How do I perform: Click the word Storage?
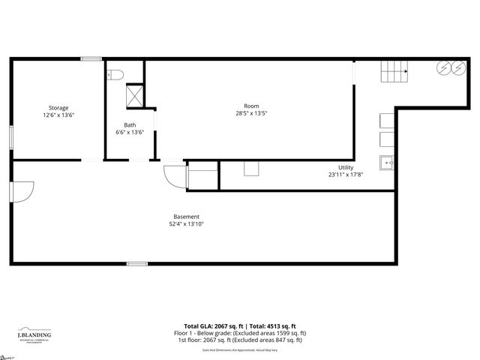tap(58, 108)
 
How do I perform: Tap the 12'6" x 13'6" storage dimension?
tap(58, 115)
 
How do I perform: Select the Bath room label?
tap(130, 125)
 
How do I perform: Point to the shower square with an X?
tap(135, 94)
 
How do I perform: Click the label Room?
tap(250, 106)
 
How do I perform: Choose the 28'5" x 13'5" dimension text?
tap(250, 114)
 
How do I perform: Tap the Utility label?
tap(346, 167)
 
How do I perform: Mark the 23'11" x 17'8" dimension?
tap(346, 175)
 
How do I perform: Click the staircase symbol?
tap(394, 73)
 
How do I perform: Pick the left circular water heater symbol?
tap(444, 68)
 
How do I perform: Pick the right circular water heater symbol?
tap(457, 68)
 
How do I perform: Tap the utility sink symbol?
tap(387, 162)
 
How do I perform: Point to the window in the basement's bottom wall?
tap(136, 262)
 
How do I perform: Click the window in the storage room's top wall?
tap(91, 58)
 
